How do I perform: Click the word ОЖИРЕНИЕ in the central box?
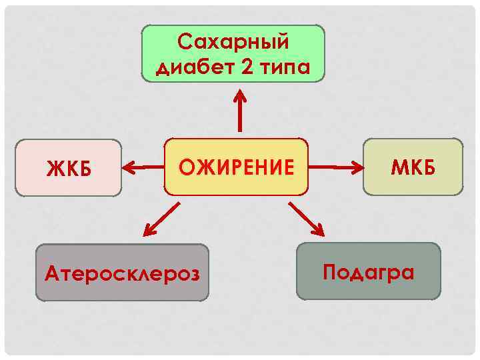[236, 167]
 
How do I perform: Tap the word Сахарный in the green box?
[233, 42]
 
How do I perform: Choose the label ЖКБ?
[68, 169]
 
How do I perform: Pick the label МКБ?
[413, 167]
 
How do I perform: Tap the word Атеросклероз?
[122, 273]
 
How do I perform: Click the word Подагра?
[368, 272]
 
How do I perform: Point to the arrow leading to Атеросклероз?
[161, 219]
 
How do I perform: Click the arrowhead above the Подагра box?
[318, 231]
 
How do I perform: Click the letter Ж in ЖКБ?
[53, 169]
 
